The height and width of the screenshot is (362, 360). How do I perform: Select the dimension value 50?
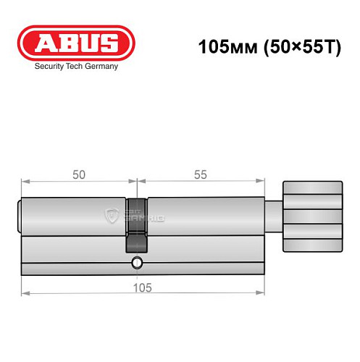[x=79, y=174]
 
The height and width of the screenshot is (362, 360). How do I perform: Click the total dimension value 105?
[x=143, y=287]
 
